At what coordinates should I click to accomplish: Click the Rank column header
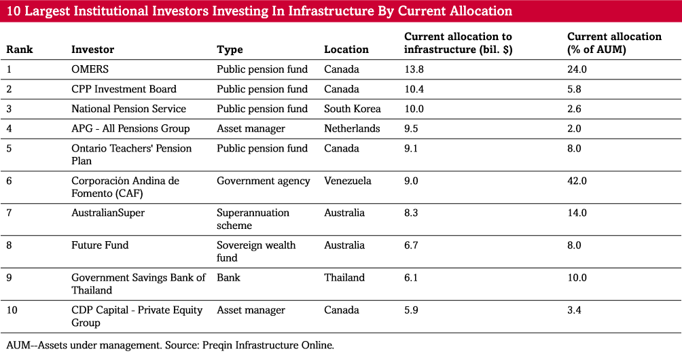[x=20, y=50]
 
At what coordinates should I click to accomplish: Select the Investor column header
[x=92, y=50]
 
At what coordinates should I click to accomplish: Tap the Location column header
[x=346, y=50]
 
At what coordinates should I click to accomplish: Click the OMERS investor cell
[x=90, y=69]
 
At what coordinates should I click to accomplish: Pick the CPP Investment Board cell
[x=124, y=89]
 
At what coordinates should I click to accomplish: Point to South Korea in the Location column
[x=352, y=109]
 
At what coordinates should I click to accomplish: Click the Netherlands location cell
[x=352, y=128]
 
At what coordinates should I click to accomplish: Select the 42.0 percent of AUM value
[x=577, y=181]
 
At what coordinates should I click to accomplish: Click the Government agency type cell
[x=263, y=181]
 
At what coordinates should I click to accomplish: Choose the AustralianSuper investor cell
[x=108, y=213]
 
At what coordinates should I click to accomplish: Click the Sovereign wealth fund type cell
[x=256, y=251]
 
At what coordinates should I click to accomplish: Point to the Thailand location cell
[x=344, y=278]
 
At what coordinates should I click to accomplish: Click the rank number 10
[x=12, y=310]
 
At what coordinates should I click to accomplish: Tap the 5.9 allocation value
[x=411, y=310]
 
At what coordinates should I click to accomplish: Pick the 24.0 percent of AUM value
[x=577, y=69]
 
